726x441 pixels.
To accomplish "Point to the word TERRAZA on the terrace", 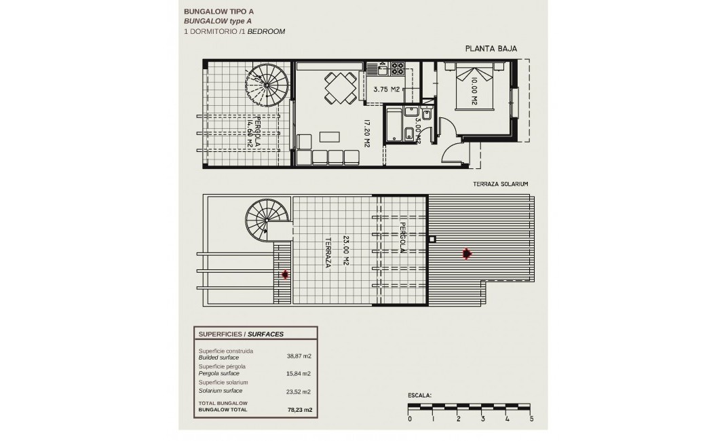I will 328,252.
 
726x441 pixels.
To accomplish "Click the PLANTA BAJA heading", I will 491,48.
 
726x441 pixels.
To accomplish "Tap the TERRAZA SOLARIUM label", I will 501,184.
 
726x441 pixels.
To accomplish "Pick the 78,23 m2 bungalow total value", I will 299,410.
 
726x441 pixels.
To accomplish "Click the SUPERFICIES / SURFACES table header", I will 241,334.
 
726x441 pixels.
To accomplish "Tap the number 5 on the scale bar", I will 531,419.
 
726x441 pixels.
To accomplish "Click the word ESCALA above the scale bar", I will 419,394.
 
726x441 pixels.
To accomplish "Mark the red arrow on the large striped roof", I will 466,254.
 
